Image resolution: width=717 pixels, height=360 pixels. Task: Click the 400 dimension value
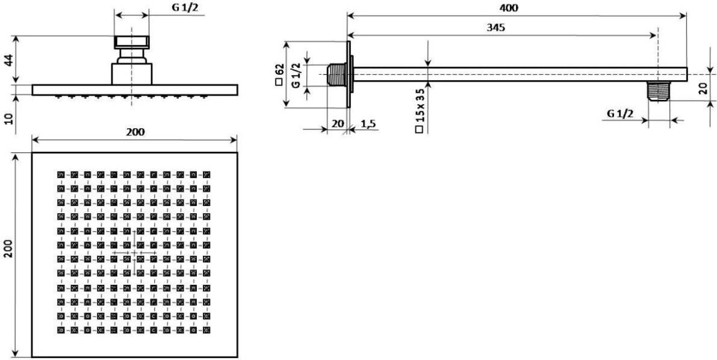coord(509,8)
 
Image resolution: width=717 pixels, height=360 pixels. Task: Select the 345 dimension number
coord(495,28)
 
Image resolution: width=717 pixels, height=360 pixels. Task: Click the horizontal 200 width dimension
coord(135,132)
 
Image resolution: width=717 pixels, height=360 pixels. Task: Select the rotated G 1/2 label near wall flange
coord(296,76)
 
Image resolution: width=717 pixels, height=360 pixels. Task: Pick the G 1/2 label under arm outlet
coord(620,114)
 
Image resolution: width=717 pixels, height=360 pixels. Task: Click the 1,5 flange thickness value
coord(368,123)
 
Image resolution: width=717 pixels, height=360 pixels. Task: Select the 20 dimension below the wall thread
coord(338,123)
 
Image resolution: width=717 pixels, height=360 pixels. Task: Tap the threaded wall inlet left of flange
coord(337,75)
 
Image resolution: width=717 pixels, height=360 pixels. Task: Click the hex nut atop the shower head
coord(132,43)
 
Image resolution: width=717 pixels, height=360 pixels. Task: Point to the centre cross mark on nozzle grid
coord(134,252)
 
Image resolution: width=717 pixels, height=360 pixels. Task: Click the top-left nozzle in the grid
coord(61,175)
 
